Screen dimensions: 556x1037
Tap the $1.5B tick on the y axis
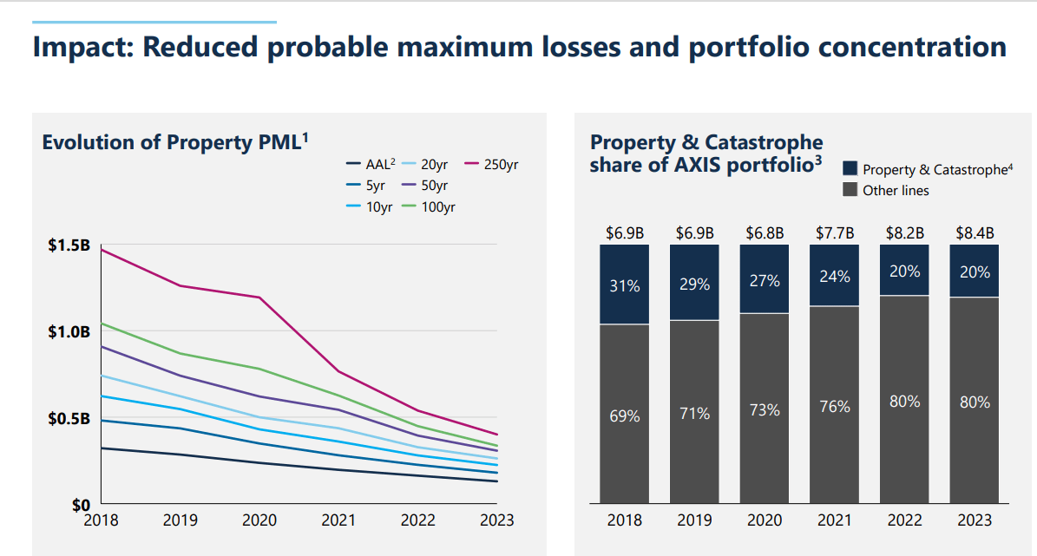coord(69,245)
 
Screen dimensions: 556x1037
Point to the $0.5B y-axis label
coord(69,419)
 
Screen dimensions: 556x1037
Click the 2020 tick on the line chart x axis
coord(259,520)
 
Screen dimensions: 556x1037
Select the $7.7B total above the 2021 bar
coord(834,232)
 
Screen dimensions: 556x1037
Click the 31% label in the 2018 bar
coord(625,285)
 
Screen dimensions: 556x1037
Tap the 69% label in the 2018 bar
coord(625,415)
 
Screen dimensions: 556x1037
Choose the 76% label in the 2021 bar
coord(834,406)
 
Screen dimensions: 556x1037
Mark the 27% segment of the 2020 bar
coord(764,281)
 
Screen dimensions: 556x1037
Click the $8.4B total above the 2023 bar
coord(975,232)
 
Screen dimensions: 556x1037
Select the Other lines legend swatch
coord(850,190)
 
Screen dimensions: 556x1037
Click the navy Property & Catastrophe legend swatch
coord(850,169)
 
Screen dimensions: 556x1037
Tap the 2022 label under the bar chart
coord(903,520)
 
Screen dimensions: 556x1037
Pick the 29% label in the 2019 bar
coord(694,284)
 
